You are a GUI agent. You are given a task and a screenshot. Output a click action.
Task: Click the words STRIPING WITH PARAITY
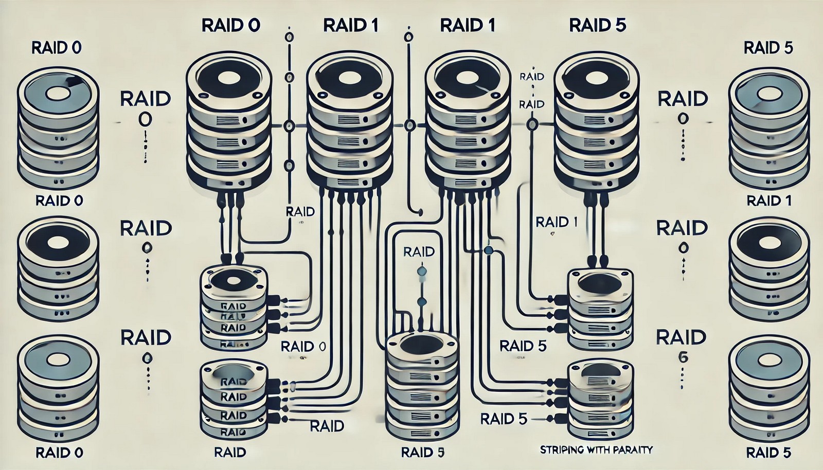(x=596, y=450)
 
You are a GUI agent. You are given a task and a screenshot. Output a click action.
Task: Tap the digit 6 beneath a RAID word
(x=683, y=358)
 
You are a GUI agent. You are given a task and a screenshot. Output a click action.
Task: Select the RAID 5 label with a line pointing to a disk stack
(x=504, y=419)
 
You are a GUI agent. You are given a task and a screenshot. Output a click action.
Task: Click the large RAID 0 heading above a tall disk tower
(x=230, y=26)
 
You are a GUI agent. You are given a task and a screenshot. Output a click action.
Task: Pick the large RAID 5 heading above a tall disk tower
(x=597, y=26)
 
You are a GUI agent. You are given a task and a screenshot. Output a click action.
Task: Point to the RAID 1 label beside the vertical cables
(x=556, y=222)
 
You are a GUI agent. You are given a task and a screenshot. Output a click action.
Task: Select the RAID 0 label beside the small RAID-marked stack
(x=303, y=347)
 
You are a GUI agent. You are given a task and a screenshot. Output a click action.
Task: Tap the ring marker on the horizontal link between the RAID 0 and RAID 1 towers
(x=289, y=125)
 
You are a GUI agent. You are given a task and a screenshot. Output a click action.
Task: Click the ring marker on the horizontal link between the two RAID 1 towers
(x=410, y=125)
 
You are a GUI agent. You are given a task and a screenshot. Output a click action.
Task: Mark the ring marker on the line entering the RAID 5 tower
(x=532, y=124)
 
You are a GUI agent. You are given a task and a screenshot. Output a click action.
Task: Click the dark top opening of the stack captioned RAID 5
(x=421, y=344)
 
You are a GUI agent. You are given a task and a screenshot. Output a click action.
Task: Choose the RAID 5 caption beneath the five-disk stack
(x=422, y=453)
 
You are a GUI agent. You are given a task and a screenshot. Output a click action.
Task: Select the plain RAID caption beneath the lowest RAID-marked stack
(x=230, y=453)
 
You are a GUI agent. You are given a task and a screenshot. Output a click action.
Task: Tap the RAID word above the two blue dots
(x=419, y=251)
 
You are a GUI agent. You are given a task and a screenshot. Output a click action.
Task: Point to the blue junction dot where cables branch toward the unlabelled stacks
(x=489, y=251)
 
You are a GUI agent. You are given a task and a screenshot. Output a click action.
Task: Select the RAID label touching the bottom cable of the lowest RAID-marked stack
(x=327, y=426)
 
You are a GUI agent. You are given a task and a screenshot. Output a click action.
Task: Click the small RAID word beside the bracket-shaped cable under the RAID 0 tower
(x=300, y=212)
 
